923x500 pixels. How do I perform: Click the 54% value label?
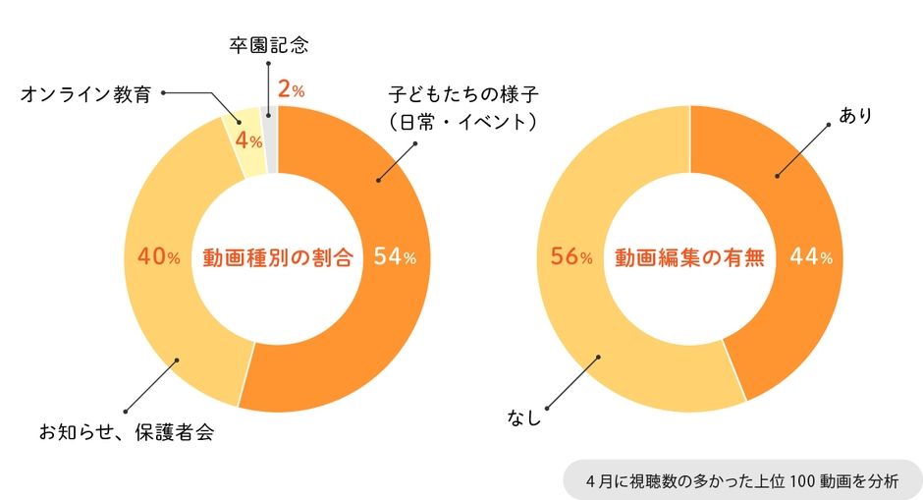click(x=396, y=257)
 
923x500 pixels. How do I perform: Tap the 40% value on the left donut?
click(x=159, y=257)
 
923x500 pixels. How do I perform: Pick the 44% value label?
click(x=811, y=257)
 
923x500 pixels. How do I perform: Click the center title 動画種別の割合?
click(x=277, y=258)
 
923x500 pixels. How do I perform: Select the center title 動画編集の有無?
click(x=689, y=258)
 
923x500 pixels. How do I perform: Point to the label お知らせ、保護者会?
click(x=126, y=432)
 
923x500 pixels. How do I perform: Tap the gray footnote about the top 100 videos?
click(x=741, y=480)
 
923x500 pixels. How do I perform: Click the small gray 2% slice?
click(x=270, y=138)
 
